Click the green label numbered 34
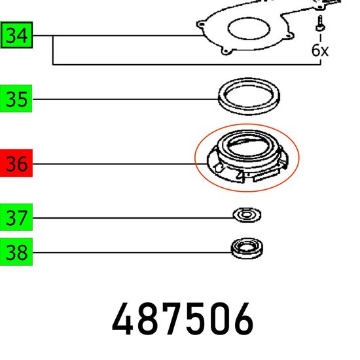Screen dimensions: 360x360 (x=16, y=35)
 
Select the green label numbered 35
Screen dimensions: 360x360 (x=16, y=98)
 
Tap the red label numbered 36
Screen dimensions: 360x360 (x=16, y=163)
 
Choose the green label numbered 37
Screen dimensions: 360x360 (x=16, y=217)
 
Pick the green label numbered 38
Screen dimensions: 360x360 (x=16, y=252)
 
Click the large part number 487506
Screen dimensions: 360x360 (x=183, y=319)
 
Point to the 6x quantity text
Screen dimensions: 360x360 (x=320, y=50)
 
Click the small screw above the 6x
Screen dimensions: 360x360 (x=320, y=23)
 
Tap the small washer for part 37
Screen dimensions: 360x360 (x=247, y=215)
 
